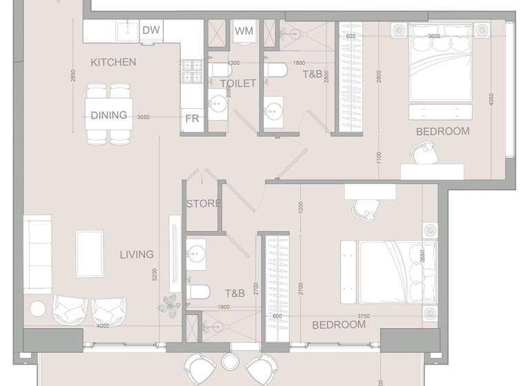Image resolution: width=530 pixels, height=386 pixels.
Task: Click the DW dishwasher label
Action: tap(152, 30)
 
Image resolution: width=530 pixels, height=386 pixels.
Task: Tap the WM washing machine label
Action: tap(243, 31)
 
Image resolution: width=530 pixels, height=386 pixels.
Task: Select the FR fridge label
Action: tap(192, 119)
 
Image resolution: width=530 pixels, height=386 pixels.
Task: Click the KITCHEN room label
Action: tap(113, 62)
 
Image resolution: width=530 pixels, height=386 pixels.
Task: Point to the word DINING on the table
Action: tap(109, 115)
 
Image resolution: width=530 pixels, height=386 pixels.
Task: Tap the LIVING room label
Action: tap(137, 254)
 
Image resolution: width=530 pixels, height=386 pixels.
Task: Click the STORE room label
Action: tap(204, 203)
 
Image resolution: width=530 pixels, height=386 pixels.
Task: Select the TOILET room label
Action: tap(238, 83)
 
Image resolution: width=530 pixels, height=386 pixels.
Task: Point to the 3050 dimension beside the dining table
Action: tap(143, 117)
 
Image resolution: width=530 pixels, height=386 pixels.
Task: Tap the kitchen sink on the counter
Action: tap(126, 30)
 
